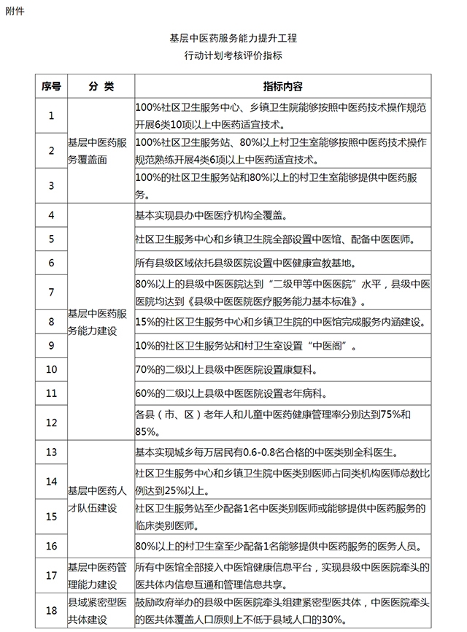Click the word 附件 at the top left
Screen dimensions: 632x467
[14, 11]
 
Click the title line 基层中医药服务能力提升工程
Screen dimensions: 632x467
[233, 36]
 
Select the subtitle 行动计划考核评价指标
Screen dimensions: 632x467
[233, 55]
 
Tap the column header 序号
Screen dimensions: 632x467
[51, 86]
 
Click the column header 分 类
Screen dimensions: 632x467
[100, 86]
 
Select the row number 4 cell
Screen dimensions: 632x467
[51, 215]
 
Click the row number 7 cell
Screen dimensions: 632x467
[51, 292]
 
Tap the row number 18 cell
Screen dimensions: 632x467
[51, 612]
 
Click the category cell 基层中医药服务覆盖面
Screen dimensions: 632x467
[100, 150]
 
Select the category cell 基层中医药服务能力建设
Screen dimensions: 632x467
[100, 320]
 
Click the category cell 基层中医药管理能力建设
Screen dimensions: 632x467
[100, 576]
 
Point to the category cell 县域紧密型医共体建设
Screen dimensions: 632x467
[100, 612]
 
